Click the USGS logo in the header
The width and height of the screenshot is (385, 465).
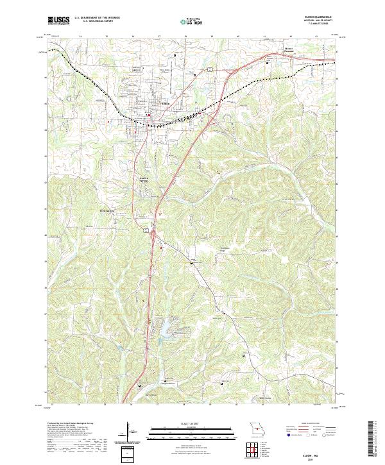pos(59,21)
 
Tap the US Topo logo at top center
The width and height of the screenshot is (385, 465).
pos(191,21)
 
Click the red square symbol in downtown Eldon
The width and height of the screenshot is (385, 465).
pos(149,115)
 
